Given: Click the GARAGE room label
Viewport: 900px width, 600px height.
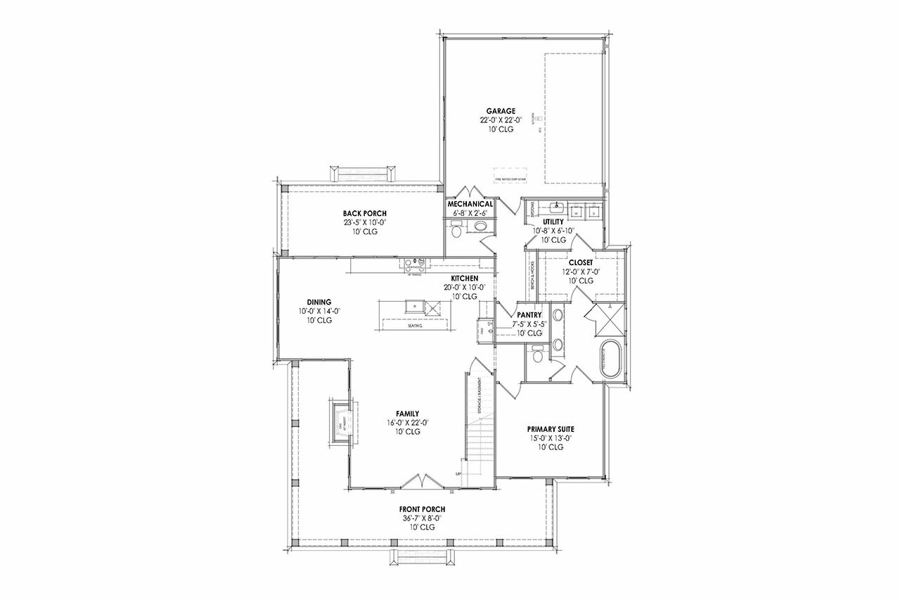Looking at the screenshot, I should [x=501, y=111].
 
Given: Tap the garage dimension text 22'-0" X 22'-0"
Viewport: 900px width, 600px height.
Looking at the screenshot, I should [x=501, y=120].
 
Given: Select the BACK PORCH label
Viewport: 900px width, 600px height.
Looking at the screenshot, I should [x=364, y=214].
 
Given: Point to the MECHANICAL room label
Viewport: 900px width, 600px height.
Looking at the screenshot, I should [x=470, y=204].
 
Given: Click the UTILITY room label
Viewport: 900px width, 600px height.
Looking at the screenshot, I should [x=553, y=222].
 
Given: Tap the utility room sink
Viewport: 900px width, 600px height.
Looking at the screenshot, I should [x=556, y=208].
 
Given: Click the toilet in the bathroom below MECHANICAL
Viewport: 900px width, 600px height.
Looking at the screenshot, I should [x=456, y=230].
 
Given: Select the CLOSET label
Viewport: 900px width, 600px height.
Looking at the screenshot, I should [x=581, y=262].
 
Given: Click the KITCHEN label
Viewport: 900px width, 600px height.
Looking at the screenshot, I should [x=465, y=279].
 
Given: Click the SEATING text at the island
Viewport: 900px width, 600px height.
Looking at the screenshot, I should [x=416, y=326].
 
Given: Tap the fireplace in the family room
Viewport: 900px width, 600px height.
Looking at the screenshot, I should [x=342, y=422].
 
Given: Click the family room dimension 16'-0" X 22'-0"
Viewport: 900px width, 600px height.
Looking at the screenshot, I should [x=407, y=423].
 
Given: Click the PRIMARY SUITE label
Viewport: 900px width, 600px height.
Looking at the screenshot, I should [x=551, y=428].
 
